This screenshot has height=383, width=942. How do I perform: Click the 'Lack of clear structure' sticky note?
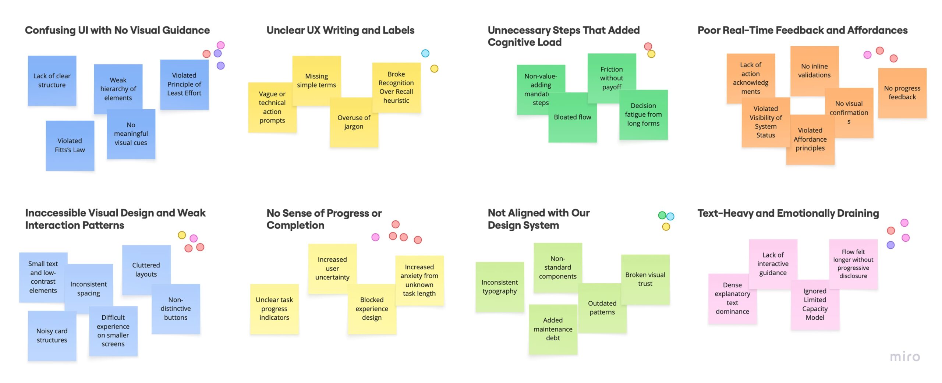[x=52, y=81]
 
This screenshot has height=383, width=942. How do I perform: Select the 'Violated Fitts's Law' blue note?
[x=70, y=145]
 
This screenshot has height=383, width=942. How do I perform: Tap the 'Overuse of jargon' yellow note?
[x=354, y=122]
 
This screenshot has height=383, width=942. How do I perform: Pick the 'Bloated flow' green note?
[x=572, y=117]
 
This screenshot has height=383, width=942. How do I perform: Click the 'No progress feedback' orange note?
[x=902, y=93]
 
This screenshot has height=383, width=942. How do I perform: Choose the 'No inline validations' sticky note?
[x=814, y=71]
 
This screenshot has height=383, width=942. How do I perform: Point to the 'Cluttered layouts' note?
[x=146, y=269]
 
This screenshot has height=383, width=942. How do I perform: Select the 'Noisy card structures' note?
[x=52, y=335]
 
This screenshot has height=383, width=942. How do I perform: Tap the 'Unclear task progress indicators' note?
[x=274, y=308]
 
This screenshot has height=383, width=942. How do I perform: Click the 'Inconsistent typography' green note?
[x=499, y=287]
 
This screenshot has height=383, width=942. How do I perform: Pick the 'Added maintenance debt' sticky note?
[x=553, y=329]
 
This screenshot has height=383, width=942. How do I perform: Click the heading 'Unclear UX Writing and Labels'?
[x=340, y=30]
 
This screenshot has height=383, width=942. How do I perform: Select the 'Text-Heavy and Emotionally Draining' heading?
[x=788, y=213]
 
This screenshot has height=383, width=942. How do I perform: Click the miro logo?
[x=905, y=356]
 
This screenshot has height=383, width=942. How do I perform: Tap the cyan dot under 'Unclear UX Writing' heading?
[x=425, y=53]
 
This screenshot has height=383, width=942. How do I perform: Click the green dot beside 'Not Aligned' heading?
[x=662, y=215]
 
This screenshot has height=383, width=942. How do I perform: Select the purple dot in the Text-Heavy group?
[x=890, y=245]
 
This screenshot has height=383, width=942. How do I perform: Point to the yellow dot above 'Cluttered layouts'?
[x=182, y=235]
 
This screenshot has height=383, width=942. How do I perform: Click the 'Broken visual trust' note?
[x=645, y=279]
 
